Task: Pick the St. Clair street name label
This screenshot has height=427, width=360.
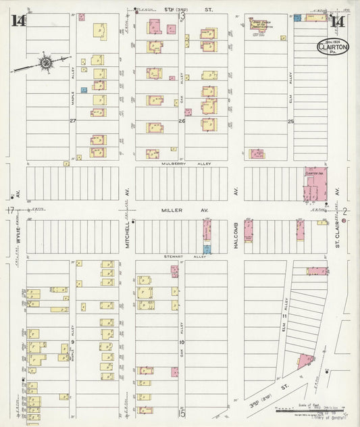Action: [339, 236]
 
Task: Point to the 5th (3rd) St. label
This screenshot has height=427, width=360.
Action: [178, 11]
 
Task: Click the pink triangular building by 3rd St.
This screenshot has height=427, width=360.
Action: [305, 359]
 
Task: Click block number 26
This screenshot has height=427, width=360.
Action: [181, 122]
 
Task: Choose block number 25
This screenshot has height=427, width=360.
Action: [290, 122]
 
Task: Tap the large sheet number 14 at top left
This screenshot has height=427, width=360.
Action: [18, 21]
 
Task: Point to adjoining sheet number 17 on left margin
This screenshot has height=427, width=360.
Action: [10, 210]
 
